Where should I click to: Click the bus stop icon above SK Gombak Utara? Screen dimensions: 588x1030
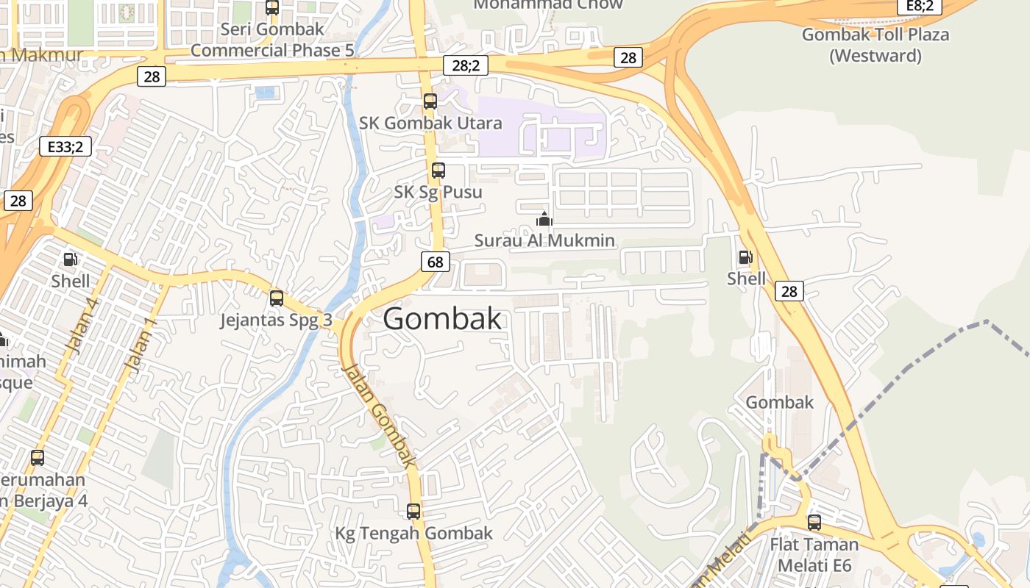point(430,101)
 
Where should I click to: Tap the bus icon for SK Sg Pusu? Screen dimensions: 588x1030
point(438,171)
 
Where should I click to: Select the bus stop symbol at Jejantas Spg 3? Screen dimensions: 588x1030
point(277,298)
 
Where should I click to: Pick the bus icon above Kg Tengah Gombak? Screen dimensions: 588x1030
point(413,511)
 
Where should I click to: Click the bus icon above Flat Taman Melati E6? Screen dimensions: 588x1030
point(814,523)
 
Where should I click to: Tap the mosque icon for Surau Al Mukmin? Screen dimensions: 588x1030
point(544,218)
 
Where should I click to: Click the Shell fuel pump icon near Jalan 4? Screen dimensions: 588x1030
point(71,259)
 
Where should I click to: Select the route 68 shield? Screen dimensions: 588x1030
point(436,262)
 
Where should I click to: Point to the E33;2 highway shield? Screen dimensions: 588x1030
point(65,146)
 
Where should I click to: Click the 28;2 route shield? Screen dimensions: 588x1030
point(466,65)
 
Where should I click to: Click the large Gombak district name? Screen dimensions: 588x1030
point(443,319)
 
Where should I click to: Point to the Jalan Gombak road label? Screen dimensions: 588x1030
point(380,415)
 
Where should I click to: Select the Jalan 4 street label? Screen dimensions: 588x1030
point(82,326)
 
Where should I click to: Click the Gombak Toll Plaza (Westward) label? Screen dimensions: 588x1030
point(876,45)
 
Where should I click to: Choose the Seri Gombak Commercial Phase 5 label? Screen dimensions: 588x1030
point(272,40)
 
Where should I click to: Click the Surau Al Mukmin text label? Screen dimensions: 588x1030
point(544,240)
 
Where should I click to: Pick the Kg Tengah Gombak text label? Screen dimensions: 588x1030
point(414,533)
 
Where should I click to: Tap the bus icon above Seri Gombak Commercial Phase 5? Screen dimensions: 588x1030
point(272,7)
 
